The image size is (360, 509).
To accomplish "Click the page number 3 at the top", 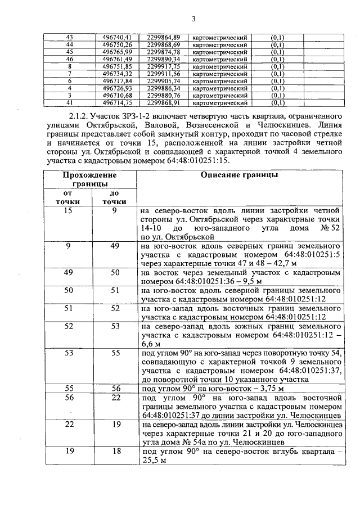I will [x=193, y=19].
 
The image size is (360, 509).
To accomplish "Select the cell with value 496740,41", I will [x=116, y=37].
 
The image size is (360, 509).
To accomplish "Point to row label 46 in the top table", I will [x=69, y=59].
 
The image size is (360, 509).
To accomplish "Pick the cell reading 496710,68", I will [x=116, y=96].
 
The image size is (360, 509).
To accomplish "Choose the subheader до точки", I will [x=114, y=197].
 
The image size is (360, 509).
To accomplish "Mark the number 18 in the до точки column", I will [x=114, y=451].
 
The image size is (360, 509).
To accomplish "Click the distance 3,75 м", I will [x=269, y=388].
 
